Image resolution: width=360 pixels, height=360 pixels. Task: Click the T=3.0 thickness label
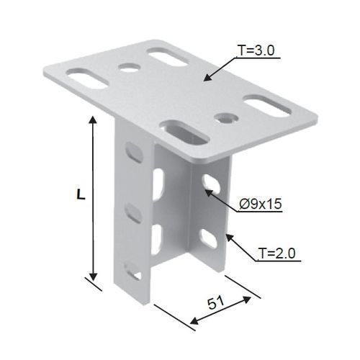(256, 50)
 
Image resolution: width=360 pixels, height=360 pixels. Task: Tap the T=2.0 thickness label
(276, 253)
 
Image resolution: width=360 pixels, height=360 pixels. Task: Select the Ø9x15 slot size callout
(261, 204)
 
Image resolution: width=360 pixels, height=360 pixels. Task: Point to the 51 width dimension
(216, 302)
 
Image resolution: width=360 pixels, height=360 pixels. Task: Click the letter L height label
(81, 194)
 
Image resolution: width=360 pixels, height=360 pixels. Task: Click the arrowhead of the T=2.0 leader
(230, 238)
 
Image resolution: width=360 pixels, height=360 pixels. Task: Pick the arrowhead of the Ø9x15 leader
(209, 193)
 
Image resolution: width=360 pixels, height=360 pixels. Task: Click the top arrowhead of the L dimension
(93, 120)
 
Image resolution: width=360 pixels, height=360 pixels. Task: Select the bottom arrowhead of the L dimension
(93, 276)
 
